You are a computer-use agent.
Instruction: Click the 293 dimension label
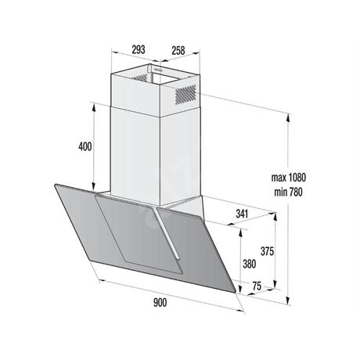pos(139,49)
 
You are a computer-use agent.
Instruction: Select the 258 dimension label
pos(178,50)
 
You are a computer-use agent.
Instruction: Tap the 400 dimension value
pos(85,146)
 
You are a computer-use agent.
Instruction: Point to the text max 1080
pos(288,178)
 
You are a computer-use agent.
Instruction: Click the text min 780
pos(288,193)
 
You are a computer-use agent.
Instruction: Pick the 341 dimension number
pos(242,214)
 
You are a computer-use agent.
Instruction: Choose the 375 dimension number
pos(267,251)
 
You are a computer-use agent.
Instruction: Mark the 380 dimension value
pos(249,264)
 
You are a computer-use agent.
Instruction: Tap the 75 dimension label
pos(257,286)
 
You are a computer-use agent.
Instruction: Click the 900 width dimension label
pos(160,303)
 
